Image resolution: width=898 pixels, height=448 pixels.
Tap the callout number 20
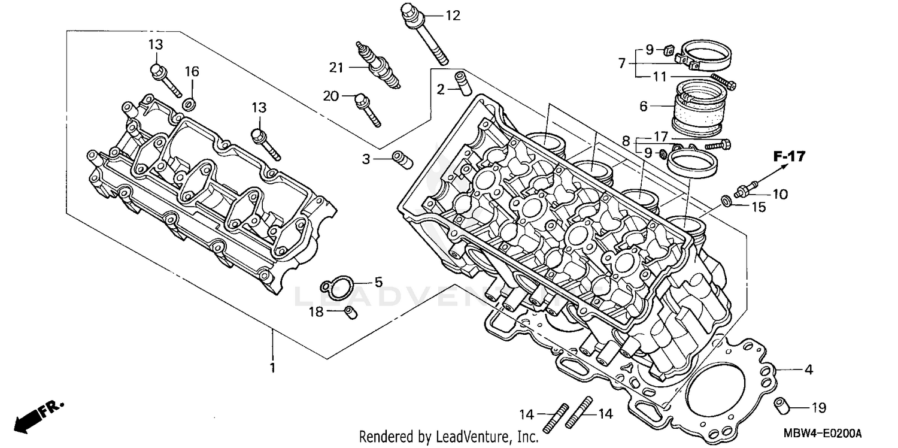(331, 96)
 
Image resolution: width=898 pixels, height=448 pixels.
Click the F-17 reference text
(789, 157)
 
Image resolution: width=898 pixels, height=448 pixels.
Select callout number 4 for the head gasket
(808, 370)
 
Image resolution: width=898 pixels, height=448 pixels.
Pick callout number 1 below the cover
(272, 367)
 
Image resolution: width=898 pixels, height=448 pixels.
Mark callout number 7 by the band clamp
(622, 62)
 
